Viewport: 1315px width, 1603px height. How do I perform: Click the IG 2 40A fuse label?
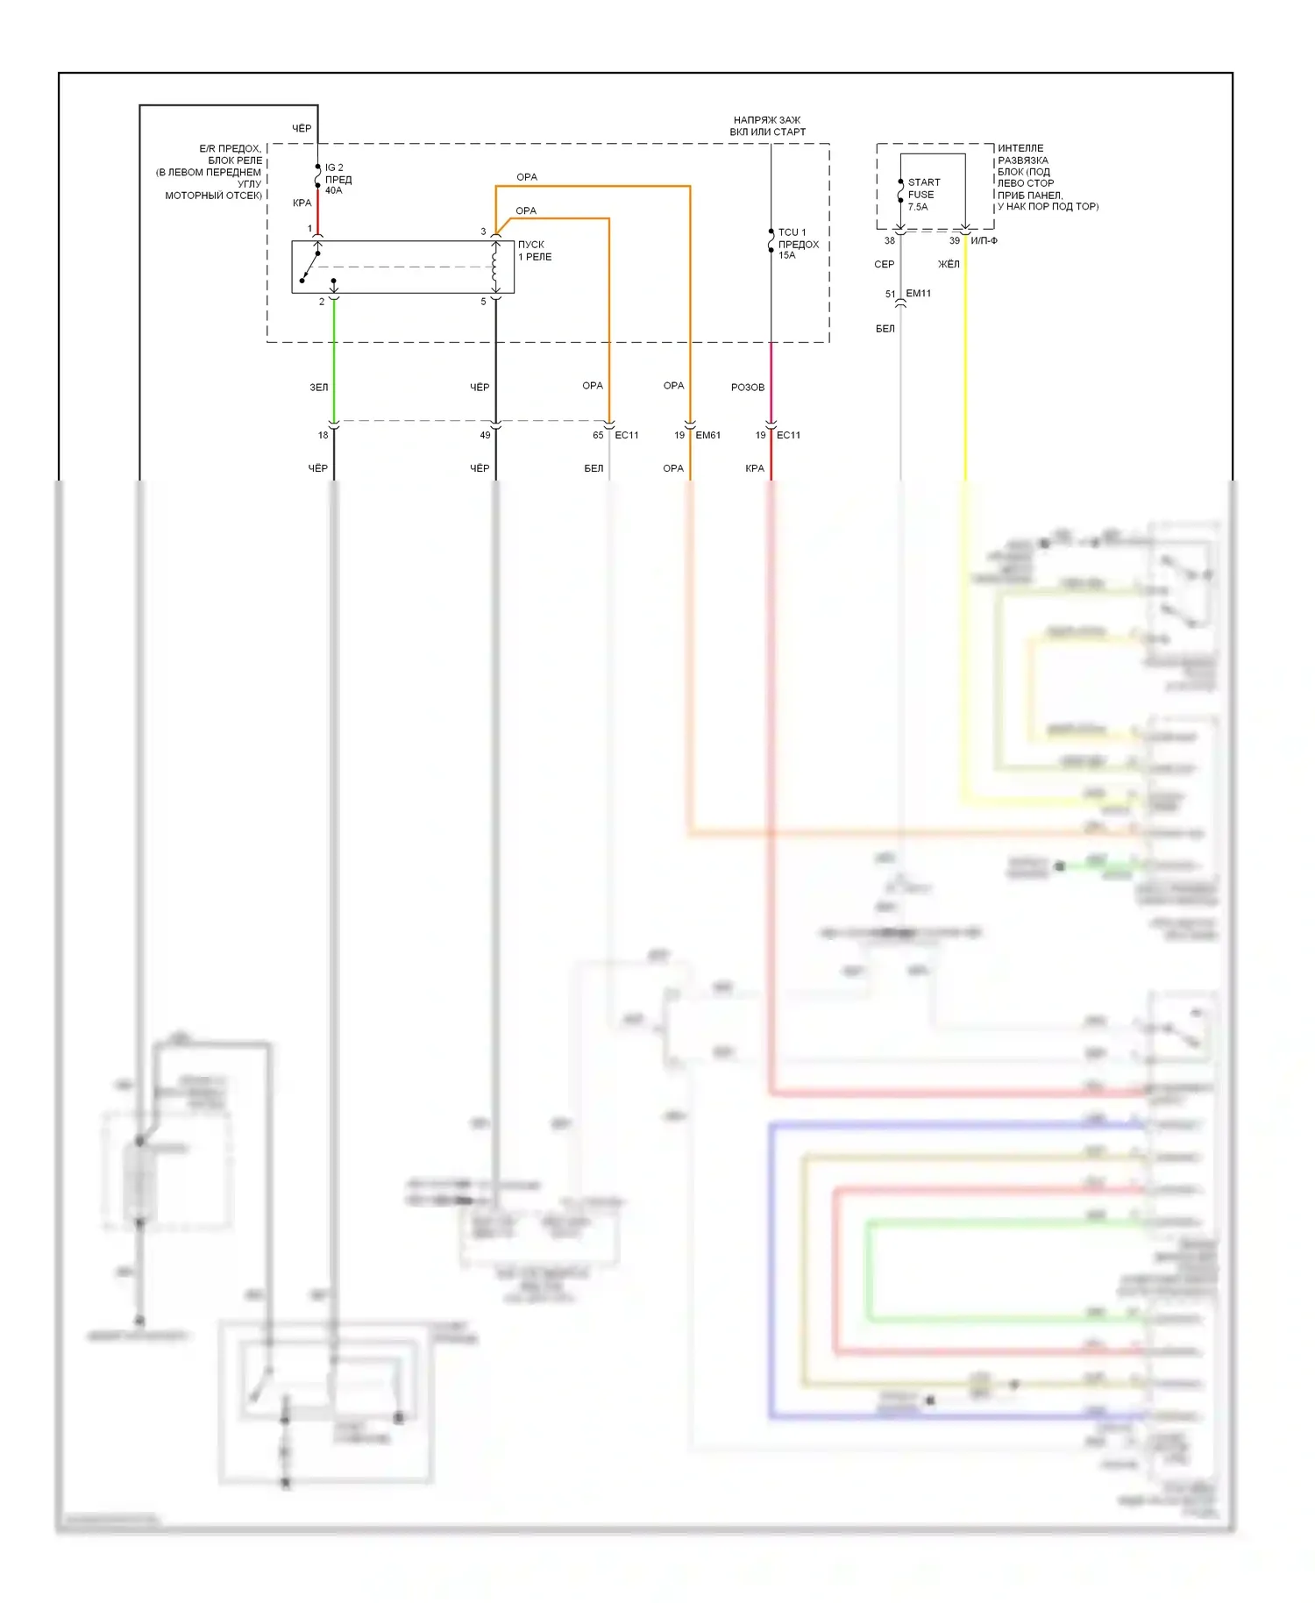click(338, 179)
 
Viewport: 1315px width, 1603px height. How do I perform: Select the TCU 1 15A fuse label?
click(798, 244)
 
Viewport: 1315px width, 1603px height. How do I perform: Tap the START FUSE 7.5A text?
click(923, 195)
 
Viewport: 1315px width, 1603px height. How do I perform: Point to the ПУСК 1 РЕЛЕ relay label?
click(534, 251)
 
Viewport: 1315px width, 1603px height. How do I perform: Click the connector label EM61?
click(707, 435)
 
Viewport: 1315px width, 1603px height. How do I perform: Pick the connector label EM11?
click(918, 294)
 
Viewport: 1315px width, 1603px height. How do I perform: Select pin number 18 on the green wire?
click(323, 435)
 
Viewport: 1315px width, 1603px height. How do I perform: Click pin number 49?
click(485, 435)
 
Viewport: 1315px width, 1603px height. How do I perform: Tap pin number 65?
click(598, 435)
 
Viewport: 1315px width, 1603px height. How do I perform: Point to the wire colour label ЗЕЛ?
click(318, 387)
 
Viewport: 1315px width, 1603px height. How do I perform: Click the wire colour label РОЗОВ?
click(747, 387)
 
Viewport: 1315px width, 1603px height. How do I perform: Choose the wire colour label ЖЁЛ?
click(949, 264)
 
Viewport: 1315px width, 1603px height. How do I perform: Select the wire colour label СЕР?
click(884, 264)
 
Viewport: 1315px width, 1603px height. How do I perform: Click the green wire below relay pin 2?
click(334, 360)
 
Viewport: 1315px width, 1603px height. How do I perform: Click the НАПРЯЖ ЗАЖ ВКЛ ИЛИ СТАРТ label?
click(767, 125)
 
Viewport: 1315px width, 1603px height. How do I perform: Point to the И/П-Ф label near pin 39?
click(984, 240)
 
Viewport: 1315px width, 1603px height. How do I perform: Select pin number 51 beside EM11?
click(890, 295)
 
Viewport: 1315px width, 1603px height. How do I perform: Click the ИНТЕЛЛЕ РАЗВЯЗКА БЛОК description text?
click(1046, 177)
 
